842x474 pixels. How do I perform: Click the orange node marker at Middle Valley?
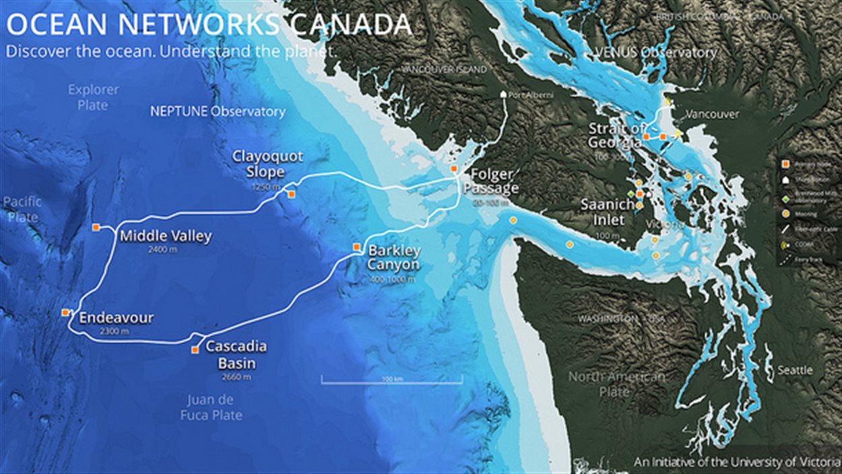click(x=96, y=228)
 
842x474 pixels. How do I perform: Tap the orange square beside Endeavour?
click(x=65, y=312)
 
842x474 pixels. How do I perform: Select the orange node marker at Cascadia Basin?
click(x=195, y=350)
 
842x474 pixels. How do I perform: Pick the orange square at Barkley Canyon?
click(x=357, y=247)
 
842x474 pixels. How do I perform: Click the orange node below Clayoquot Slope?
click(x=291, y=194)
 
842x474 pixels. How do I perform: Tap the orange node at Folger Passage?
click(x=454, y=169)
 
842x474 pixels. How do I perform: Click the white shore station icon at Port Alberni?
click(x=503, y=95)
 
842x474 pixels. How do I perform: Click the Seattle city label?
click(x=795, y=370)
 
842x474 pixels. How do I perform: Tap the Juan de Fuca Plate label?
click(x=211, y=407)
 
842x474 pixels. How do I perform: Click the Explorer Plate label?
click(x=93, y=97)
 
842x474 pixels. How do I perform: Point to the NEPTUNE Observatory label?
click(x=218, y=111)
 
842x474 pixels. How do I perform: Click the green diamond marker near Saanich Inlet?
click(x=631, y=194)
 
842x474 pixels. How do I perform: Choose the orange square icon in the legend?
click(x=784, y=164)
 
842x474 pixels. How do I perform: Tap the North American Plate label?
click(x=616, y=384)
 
